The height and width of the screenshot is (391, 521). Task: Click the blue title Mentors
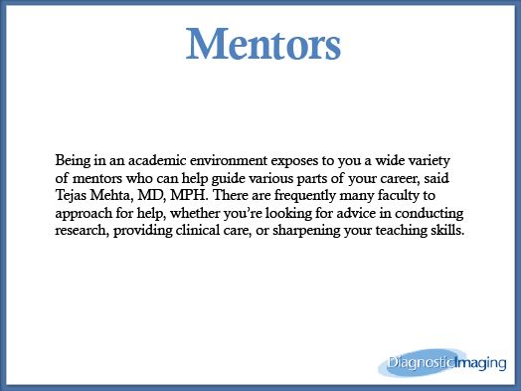pos(263,44)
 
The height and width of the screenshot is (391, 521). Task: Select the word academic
pos(157,160)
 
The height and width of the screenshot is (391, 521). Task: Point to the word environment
pos(229,160)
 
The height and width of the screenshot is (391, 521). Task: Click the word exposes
pos(294,162)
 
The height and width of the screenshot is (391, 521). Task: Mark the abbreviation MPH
pos(189,195)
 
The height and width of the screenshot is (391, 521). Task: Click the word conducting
pos(430,213)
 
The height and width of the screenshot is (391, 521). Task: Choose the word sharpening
pos(306,231)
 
